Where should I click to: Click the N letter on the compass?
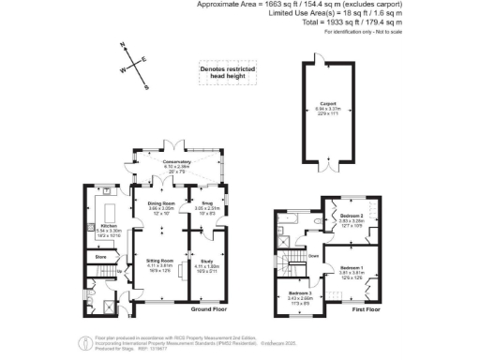tap(122, 46)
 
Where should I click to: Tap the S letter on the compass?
tap(146, 86)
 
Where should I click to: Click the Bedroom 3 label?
tap(300, 293)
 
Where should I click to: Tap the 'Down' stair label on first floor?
tap(313, 254)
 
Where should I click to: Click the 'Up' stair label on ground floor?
tap(120, 273)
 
